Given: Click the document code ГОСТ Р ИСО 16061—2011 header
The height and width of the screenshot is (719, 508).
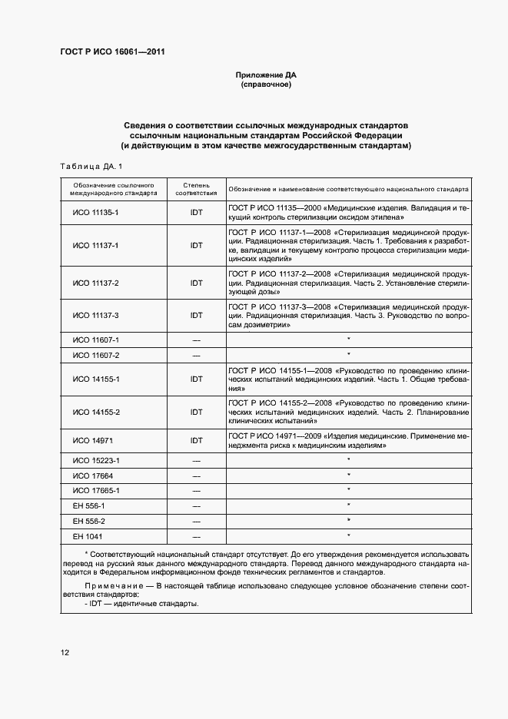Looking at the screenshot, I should pos(112,52).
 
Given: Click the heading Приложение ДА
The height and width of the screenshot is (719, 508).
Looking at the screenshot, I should pos(265,75).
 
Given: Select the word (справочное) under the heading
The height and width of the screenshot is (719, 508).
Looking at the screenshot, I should pos(265,85).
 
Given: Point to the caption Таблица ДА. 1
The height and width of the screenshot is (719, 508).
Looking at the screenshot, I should pos(91,167).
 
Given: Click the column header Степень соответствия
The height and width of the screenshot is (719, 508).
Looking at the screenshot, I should pos(196,190).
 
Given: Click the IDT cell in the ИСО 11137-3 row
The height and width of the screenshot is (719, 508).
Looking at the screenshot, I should pos(196,315).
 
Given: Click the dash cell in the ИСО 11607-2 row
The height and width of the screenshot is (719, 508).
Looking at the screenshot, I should pos(196,356).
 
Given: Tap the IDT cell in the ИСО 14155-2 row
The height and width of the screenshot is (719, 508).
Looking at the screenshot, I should pos(196,413).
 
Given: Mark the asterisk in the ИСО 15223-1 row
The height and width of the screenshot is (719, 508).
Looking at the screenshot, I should pos(348,460).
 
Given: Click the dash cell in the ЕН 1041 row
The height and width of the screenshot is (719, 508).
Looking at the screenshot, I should pos(196,536).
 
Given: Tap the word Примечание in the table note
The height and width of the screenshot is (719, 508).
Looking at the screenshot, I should pos(111,585).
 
